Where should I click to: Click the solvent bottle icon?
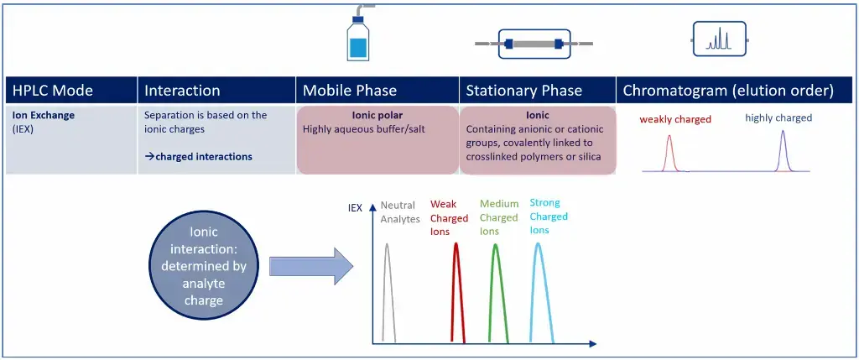[358, 38]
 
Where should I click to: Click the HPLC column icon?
[534, 43]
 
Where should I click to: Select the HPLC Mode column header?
[53, 91]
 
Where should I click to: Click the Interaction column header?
[182, 91]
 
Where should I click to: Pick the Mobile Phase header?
[350, 91]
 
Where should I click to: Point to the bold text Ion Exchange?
[43, 115]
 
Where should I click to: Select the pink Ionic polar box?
[377, 139]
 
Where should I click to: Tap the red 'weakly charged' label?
[675, 119]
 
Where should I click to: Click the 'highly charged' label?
[778, 117]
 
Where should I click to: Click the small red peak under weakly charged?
[669, 154]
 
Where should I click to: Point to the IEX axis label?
[355, 207]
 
